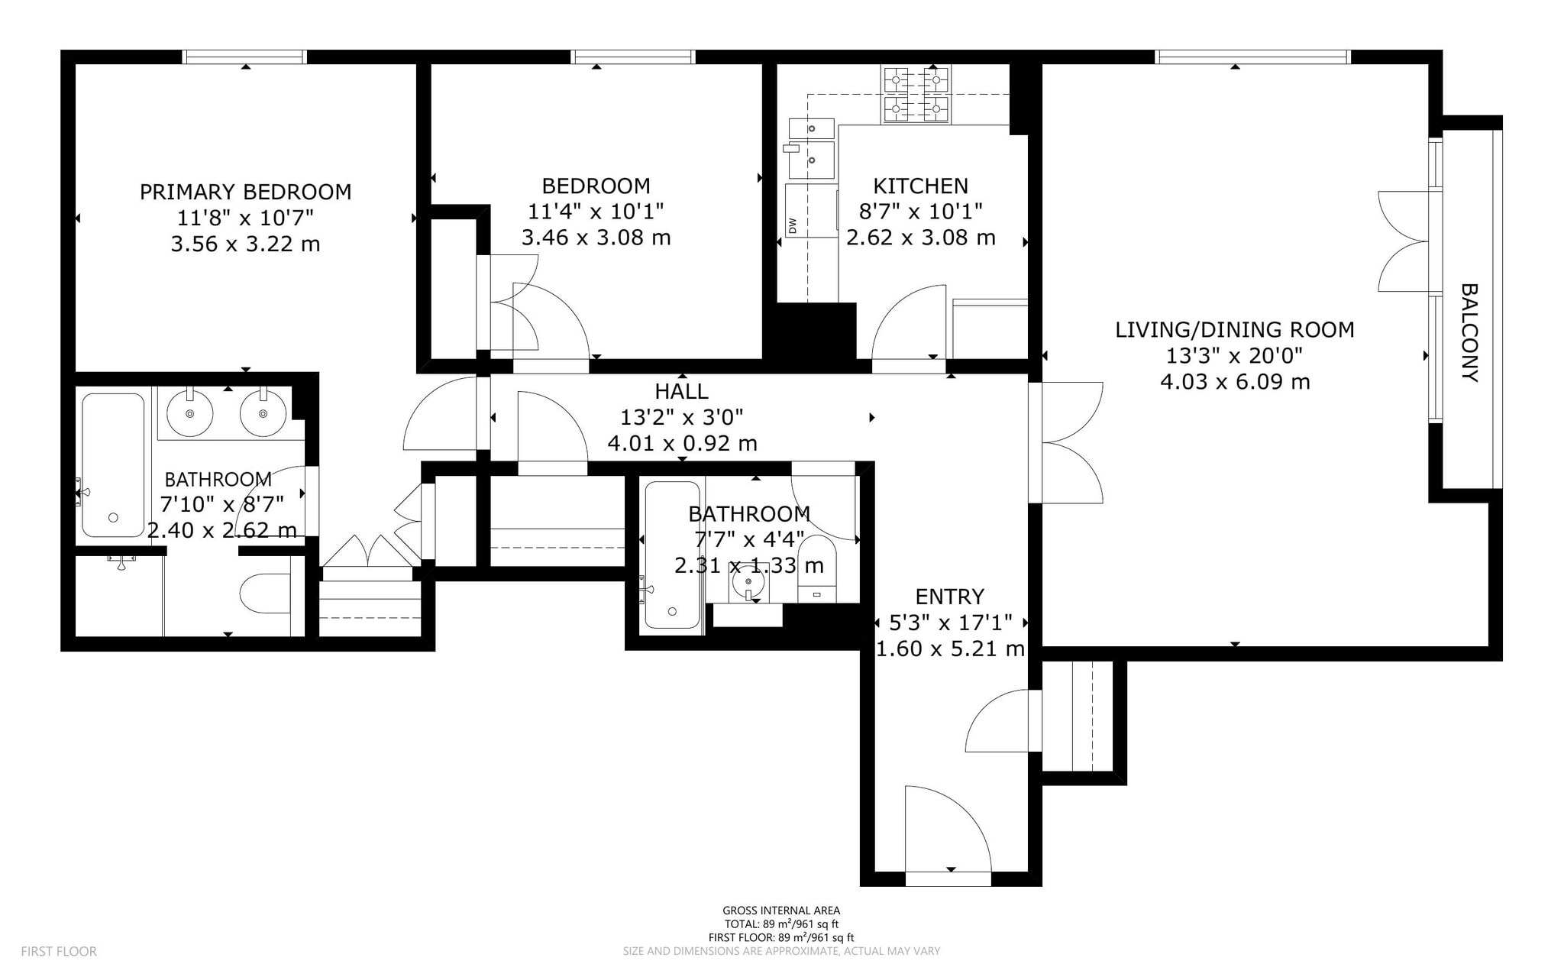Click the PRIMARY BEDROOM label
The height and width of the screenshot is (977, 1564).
[x=245, y=192]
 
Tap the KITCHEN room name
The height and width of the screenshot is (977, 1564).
[x=920, y=186]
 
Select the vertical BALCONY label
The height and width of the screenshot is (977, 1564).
[x=1470, y=332]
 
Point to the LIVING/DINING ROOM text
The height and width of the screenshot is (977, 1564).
[x=1235, y=330]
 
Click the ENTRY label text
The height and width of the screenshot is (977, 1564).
[x=950, y=597]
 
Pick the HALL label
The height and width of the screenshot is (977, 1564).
[x=681, y=391]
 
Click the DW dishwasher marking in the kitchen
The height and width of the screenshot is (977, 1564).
[x=792, y=225]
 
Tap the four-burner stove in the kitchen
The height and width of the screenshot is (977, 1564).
[x=916, y=95]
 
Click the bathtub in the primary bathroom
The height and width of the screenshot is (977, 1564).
[x=113, y=465]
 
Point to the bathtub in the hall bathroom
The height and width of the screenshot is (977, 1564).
[x=673, y=555]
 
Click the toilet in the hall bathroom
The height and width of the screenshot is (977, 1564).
[x=816, y=568]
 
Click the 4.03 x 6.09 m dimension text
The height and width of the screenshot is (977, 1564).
[x=1235, y=381]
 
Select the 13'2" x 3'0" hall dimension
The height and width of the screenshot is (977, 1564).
[x=681, y=417]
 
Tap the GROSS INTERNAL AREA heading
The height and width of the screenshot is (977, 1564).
[x=781, y=911]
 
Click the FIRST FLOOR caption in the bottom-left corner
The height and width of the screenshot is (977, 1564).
[x=59, y=952]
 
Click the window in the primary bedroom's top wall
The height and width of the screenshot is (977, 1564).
[x=244, y=57]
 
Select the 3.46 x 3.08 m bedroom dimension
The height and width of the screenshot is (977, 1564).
[x=596, y=238]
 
